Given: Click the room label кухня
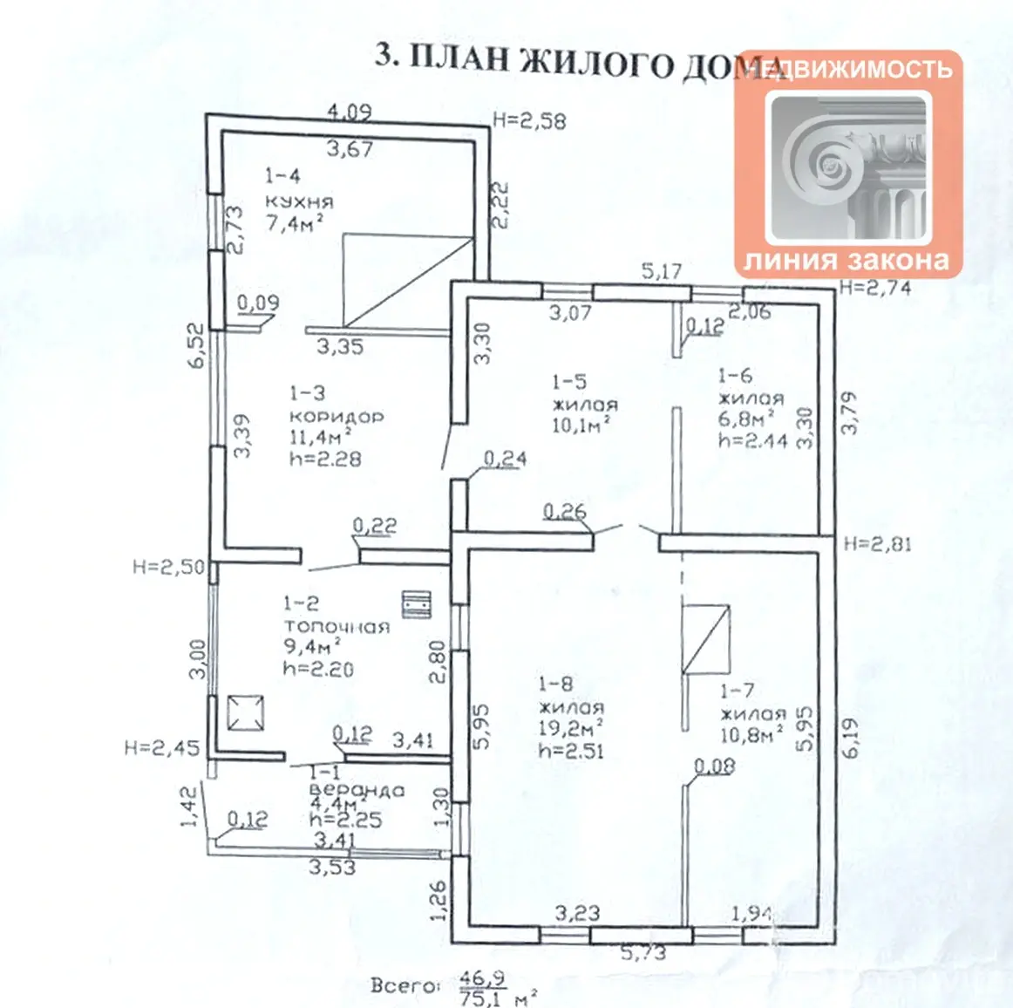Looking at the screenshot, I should pos(298,201).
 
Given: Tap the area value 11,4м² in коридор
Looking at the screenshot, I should pos(320,437).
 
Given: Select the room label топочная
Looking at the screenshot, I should pos(336,626).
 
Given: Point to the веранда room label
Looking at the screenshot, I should pos(357,790).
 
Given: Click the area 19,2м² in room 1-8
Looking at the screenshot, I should pos(571,728).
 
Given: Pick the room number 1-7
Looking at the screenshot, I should pos(738,691).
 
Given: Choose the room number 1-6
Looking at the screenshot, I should pos(735,376).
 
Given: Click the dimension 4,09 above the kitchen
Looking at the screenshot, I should pos(349,112).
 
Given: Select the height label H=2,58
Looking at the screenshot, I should pos(529,120).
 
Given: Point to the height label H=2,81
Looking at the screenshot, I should pos(877,545).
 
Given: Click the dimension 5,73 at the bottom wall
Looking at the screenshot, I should pos(643,953).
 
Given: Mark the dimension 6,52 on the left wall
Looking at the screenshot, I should pos(197,345).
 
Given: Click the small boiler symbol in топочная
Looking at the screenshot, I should pos(417,603).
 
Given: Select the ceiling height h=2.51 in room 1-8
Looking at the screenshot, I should pos(571,751).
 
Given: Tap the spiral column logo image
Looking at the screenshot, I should pos(848,166).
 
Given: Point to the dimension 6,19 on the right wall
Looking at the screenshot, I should pos(851,738).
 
